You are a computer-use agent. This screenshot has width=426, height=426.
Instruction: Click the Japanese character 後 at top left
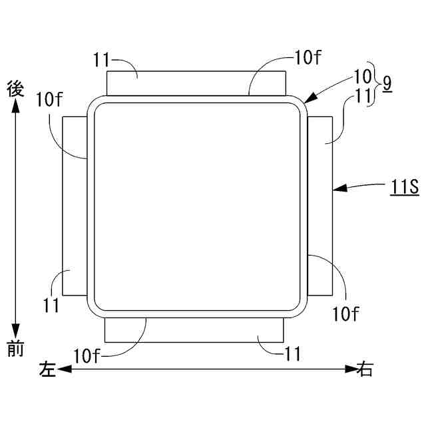point(15,89)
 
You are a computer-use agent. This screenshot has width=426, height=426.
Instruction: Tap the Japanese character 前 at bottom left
point(15,348)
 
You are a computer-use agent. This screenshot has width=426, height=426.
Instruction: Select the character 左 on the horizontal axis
point(47,369)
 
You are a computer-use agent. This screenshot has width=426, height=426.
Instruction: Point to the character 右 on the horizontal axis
point(365,368)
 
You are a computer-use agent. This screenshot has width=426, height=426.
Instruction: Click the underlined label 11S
point(405,187)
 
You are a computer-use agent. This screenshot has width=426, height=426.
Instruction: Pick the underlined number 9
point(387,84)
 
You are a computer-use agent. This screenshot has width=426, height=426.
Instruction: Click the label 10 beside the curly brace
point(362,77)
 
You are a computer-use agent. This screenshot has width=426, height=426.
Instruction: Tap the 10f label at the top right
point(308,58)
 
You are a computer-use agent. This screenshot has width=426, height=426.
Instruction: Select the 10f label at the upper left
point(49,99)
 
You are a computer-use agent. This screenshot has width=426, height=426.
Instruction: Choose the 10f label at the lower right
point(345,314)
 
